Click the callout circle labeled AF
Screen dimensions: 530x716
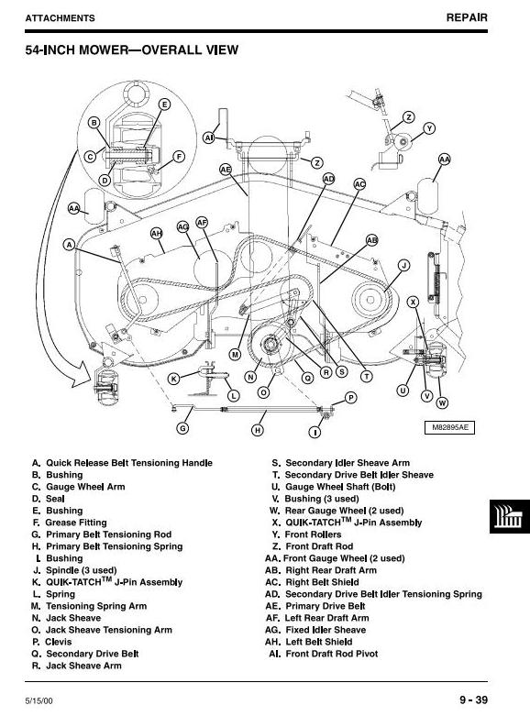[x=202, y=223]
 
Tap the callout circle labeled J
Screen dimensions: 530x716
[x=403, y=265]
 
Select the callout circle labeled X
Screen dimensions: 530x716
[x=414, y=302]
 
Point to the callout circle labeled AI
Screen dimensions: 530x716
[x=209, y=137]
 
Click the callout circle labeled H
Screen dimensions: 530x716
[x=258, y=430]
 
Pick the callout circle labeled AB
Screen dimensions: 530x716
[x=372, y=240]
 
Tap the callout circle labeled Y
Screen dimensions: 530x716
[x=429, y=128]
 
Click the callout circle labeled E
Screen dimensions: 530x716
[x=164, y=105]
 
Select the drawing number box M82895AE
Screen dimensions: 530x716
[x=449, y=428]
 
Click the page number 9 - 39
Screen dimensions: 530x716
[x=474, y=699]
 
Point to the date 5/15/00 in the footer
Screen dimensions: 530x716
[x=39, y=700]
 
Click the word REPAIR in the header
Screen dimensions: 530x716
[x=467, y=17]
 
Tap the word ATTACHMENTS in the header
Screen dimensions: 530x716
[x=61, y=18]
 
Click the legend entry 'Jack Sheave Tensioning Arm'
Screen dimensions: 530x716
[x=103, y=630]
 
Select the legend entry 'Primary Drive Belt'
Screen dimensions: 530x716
[x=315, y=606]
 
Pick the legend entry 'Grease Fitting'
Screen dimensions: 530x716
[x=70, y=523]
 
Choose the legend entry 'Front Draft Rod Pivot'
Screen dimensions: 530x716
[x=324, y=654]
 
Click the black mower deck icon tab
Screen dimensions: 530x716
[x=510, y=516]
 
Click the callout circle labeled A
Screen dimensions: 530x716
[x=69, y=245]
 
